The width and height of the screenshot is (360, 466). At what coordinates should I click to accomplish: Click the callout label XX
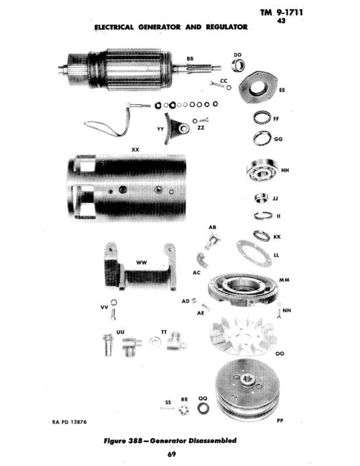[135, 150]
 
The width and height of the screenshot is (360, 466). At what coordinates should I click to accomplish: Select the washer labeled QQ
[203, 408]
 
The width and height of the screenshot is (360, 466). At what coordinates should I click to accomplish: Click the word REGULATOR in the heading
[224, 27]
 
